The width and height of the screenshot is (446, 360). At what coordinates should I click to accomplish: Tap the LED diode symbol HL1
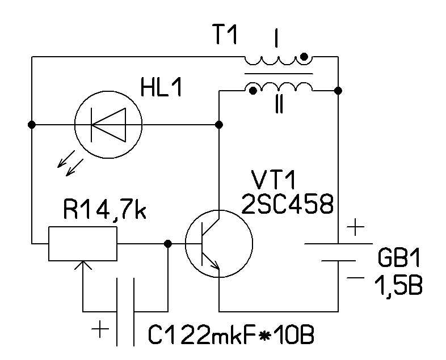[x=108, y=124]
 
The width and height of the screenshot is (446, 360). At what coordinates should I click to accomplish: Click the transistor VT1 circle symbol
[x=218, y=244]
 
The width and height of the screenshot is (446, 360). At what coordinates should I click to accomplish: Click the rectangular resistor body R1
[x=83, y=244]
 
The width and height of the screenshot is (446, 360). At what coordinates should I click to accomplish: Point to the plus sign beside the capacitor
[x=100, y=329]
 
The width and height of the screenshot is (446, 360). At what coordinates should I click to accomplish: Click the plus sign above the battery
[x=355, y=228]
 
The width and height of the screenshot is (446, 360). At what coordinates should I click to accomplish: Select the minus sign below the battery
[x=355, y=278]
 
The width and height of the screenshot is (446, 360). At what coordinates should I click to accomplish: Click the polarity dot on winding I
[x=304, y=56]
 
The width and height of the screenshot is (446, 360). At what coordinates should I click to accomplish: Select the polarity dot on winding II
[x=250, y=90]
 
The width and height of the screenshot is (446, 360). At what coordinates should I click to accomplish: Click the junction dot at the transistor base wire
[x=167, y=244]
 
